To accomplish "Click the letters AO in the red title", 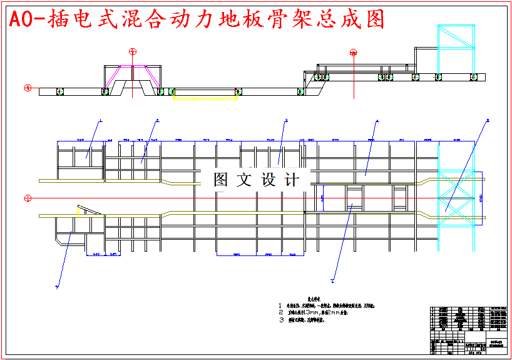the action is point(21,20).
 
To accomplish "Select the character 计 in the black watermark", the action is point(292,180).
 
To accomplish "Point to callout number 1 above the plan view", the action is point(100,120).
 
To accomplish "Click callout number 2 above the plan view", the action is point(157,120).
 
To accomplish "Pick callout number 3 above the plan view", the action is point(285,120).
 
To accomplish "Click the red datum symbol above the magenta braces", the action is point(132,51).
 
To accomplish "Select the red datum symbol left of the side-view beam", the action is point(28,88).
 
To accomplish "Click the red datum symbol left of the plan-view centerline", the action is point(28,198).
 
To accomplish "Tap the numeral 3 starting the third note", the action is point(281,319).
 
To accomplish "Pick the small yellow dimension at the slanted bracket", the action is point(78,212).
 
